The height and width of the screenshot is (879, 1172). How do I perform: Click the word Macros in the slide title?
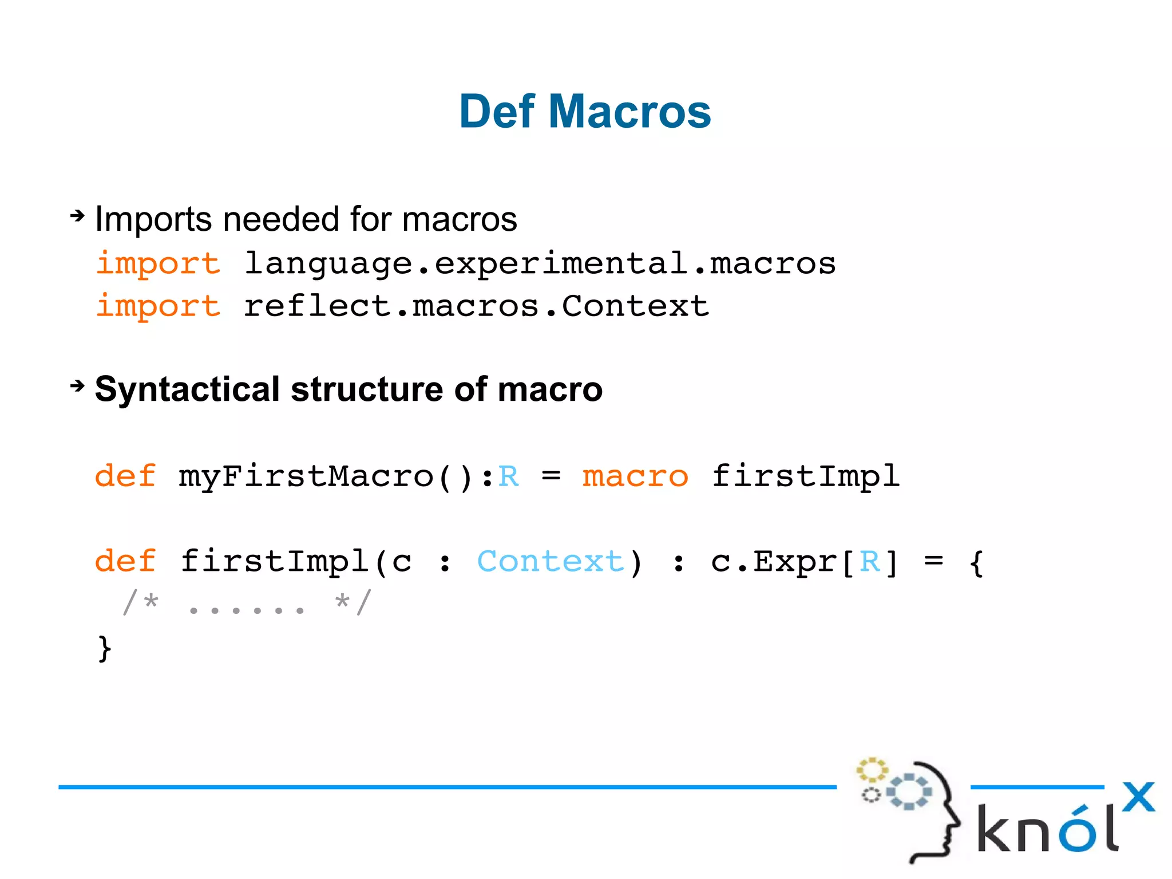(x=629, y=112)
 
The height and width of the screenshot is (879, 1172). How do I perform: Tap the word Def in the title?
(x=497, y=112)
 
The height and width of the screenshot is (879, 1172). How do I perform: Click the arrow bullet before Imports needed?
(x=77, y=216)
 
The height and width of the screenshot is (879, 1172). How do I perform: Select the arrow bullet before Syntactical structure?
(x=77, y=386)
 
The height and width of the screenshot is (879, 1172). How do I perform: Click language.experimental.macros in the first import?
(x=540, y=264)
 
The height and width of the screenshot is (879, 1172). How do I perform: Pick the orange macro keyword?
(x=635, y=476)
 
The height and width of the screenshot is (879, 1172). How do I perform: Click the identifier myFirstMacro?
(x=306, y=476)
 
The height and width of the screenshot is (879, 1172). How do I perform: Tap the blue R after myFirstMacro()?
(x=508, y=476)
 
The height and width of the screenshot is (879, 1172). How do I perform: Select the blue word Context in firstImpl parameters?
(x=550, y=561)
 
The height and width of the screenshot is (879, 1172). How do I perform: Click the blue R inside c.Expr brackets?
(x=869, y=561)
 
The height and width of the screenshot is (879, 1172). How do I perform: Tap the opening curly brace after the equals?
(x=976, y=562)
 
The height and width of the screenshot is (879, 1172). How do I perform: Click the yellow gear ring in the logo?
(x=872, y=770)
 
